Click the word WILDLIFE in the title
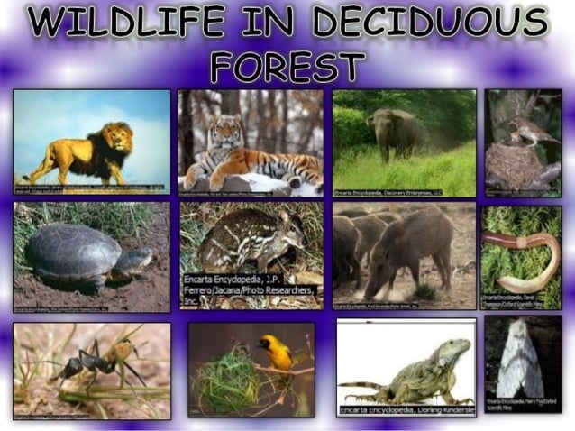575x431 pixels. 126,23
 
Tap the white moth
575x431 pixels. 520,364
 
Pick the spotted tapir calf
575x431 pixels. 239,238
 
